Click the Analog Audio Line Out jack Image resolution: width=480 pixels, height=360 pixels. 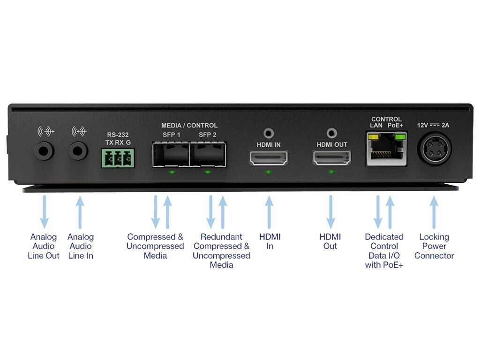click(x=45, y=150)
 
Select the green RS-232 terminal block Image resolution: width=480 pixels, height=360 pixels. click(x=116, y=158)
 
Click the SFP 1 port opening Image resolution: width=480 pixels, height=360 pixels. click(x=171, y=155)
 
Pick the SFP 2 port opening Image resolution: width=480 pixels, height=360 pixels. click(x=207, y=155)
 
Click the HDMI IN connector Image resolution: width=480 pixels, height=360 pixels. click(x=268, y=158)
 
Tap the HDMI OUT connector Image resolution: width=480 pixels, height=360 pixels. click(x=332, y=158)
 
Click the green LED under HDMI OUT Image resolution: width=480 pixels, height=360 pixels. click(x=332, y=172)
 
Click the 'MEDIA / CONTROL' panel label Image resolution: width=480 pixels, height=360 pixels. click(x=189, y=126)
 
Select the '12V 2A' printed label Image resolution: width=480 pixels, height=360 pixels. click(x=434, y=125)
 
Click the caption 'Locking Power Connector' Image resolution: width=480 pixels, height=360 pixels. click(x=434, y=246)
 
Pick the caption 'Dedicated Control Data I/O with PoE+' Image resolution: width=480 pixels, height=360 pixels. click(x=384, y=251)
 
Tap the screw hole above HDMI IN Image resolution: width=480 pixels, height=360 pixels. click(x=269, y=134)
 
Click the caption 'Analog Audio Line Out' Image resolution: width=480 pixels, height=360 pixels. click(x=44, y=246)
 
